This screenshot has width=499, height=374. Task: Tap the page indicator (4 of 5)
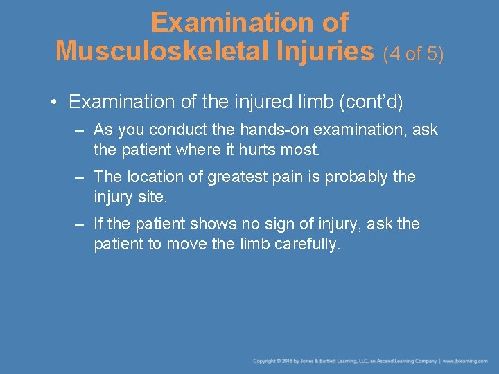point(413,53)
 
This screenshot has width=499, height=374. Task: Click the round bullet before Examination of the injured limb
point(54,103)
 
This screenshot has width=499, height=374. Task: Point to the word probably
point(363,177)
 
